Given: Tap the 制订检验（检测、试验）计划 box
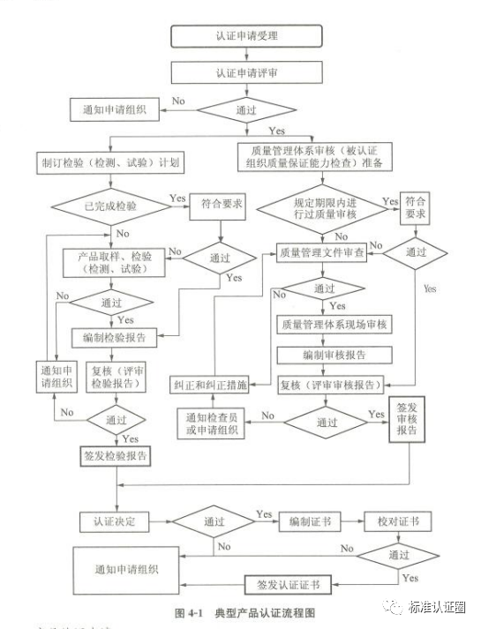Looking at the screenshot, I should tap(110, 163).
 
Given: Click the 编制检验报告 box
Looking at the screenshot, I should tap(114, 337).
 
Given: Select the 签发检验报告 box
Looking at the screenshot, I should tap(114, 456).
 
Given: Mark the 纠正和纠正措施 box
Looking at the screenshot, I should tap(209, 386).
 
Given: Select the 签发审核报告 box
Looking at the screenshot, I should tap(408, 420).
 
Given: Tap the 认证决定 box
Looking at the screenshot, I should tap(113, 520).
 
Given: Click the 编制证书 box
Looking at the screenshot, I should tap(308, 520).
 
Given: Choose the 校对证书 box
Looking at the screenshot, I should tap(397, 520).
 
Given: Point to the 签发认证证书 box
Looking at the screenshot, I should tap(288, 585).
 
